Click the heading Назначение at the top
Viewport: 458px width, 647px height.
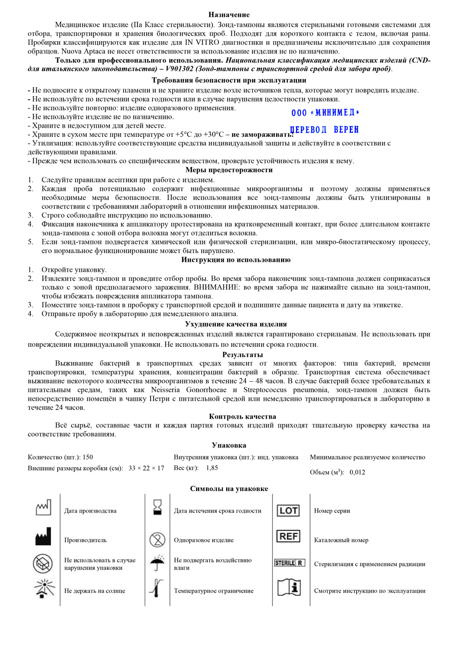pos(229,15)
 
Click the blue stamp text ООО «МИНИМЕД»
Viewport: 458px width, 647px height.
pos(325,113)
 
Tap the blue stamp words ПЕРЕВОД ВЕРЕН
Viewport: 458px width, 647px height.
pos(324,130)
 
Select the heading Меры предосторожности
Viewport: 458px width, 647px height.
pos(229,170)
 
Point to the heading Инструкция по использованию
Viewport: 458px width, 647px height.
pos(236,259)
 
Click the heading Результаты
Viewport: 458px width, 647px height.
pos(243,355)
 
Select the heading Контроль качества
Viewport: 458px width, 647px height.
pos(243,416)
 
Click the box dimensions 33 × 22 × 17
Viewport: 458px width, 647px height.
pos(146,468)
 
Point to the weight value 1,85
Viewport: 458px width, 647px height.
pos(212,468)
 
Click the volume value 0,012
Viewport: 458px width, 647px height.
pos(357,472)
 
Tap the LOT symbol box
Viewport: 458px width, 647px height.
pos(289,511)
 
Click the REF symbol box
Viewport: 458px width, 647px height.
pos(289,536)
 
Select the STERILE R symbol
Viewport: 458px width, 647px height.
pos(289,563)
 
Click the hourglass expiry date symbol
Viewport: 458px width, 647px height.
pos(158,507)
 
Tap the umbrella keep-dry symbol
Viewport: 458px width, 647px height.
pos(157,563)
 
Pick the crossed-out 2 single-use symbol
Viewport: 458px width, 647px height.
pos(157,539)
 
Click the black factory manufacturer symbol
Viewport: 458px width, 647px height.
pos(43,537)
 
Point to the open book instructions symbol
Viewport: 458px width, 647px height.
pos(289,587)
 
